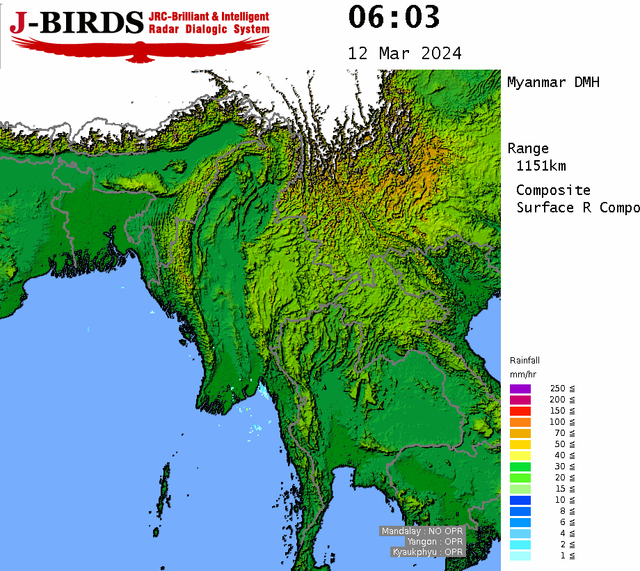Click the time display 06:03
tap(394, 17)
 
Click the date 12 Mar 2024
tap(404, 54)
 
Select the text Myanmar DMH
tap(553, 82)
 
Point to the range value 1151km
tap(541, 166)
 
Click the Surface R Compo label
tap(577, 208)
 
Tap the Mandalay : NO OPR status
tap(422, 531)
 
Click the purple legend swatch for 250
tap(520, 389)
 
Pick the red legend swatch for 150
tap(520, 411)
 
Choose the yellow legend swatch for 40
tap(520, 455)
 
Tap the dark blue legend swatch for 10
tap(520, 500)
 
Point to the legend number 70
tap(559, 433)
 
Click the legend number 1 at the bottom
tap(562, 556)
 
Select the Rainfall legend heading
tap(525, 361)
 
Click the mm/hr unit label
tap(522, 375)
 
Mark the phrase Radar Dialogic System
tap(209, 29)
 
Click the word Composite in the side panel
tap(553, 190)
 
